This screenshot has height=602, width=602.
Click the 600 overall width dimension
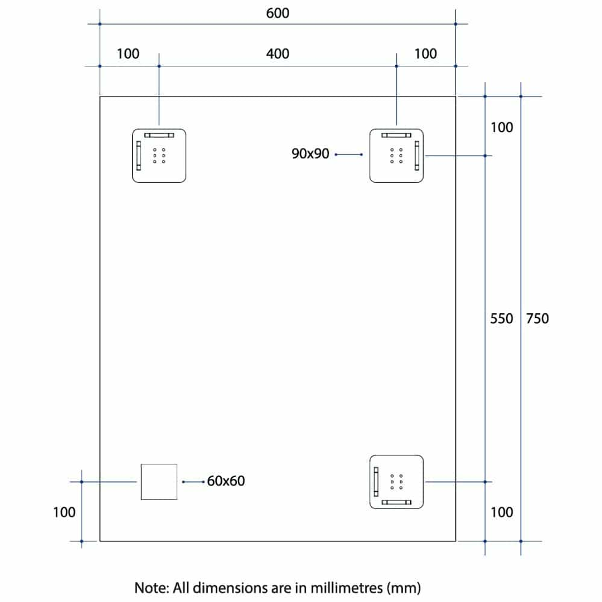tap(278, 13)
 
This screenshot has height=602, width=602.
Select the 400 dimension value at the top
tap(278, 54)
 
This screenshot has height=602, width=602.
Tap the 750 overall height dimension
tap(537, 319)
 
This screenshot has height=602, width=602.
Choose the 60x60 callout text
tap(226, 480)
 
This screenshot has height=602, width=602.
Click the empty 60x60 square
tap(159, 482)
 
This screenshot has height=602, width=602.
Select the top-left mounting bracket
tap(159, 156)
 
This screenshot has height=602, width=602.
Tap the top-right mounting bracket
tap(396, 156)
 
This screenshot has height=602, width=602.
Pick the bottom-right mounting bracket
tap(396, 482)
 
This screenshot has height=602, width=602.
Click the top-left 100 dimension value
tap(128, 54)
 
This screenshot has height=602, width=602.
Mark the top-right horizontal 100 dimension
tap(426, 54)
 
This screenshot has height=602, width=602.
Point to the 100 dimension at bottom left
tap(64, 512)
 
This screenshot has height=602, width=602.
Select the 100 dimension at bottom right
tap(502, 512)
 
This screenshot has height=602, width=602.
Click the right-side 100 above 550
tap(502, 128)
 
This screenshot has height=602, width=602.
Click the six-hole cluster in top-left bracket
tap(159, 156)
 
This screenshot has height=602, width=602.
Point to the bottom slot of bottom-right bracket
tap(396, 503)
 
